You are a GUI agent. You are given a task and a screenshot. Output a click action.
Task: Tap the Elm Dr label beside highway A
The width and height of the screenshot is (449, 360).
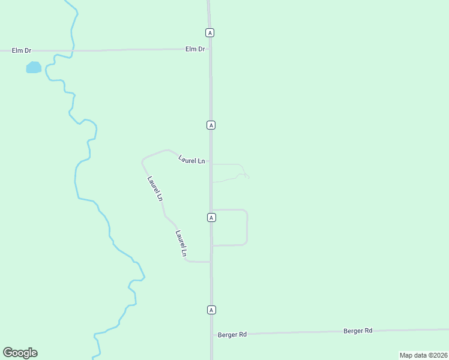click(195, 49)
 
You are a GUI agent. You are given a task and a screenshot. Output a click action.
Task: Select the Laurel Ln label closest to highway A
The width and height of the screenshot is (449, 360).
click(191, 160)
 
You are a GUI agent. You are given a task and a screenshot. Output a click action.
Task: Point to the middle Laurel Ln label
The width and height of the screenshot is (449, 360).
click(155, 188)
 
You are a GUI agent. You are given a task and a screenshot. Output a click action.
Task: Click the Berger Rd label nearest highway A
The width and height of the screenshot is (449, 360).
click(232, 334)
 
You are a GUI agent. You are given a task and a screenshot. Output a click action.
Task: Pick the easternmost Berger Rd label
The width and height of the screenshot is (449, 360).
click(358, 331)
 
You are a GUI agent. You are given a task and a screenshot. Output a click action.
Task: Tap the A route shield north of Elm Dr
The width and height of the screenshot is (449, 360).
click(209, 32)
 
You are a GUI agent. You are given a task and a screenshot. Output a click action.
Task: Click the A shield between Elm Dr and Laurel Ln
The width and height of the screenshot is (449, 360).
click(211, 125)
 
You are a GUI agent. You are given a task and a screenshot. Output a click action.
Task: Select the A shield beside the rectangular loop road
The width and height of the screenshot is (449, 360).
click(211, 217)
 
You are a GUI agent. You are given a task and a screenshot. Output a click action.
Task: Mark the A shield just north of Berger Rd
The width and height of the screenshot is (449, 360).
click(211, 310)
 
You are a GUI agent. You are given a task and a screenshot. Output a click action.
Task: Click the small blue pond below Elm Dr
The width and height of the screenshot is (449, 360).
click(34, 67)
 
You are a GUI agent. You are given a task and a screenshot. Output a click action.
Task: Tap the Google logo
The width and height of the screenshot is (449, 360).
click(20, 353)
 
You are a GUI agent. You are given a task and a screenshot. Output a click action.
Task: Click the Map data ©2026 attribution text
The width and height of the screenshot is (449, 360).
click(423, 355)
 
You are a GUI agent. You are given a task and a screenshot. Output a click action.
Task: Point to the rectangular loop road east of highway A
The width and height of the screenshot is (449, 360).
click(247, 227)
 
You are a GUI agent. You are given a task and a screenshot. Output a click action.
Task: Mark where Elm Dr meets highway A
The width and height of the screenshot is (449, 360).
click(209, 49)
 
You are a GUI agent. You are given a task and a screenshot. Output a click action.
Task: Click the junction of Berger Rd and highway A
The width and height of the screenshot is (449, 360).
click(212, 334)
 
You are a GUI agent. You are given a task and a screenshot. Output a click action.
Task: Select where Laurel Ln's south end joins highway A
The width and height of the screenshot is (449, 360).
click(211, 262)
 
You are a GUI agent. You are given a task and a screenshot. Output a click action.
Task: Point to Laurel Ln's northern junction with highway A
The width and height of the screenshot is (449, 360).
click(211, 164)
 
